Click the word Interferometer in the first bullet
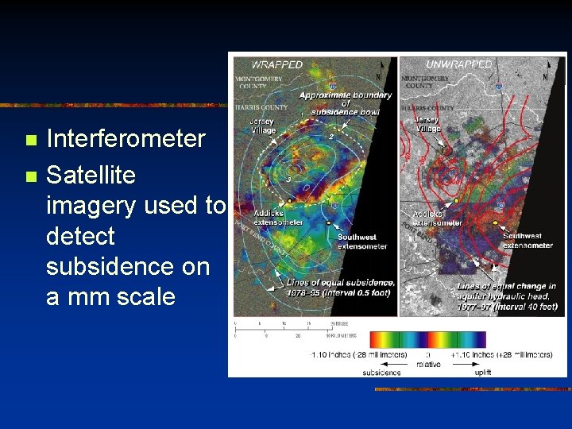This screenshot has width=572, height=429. (126, 139)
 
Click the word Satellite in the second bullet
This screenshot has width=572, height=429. (91, 174)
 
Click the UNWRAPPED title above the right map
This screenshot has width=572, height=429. (458, 64)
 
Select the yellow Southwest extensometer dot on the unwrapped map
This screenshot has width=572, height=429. (495, 224)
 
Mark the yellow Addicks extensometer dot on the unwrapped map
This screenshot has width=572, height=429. (457, 199)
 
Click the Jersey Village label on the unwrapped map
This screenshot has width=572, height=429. (427, 124)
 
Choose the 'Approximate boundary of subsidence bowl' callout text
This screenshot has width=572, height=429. (345, 103)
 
